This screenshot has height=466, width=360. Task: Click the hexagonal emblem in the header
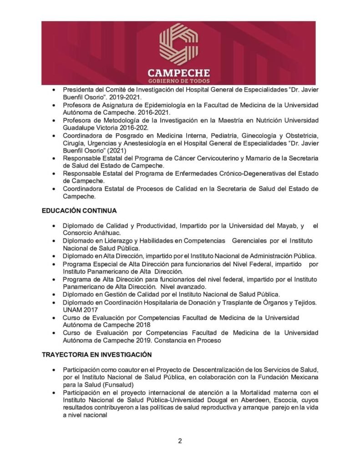(178, 44)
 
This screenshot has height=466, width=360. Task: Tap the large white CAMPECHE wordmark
(178, 73)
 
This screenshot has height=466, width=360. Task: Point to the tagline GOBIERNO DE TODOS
(178, 81)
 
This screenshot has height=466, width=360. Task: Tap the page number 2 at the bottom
(180, 441)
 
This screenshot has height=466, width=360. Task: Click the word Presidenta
(80, 90)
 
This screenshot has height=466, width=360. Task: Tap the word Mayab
(285, 225)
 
